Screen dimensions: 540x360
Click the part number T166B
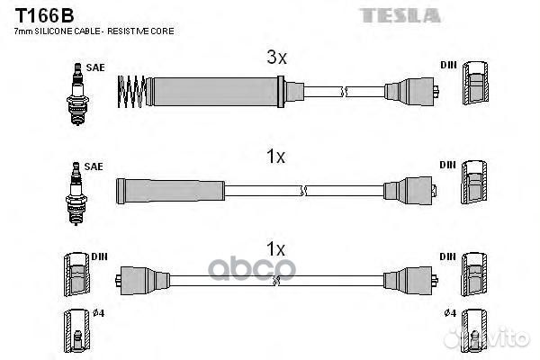point(44,15)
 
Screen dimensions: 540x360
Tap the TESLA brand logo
point(400,16)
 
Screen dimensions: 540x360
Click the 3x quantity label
point(276,58)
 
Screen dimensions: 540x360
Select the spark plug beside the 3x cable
point(77,94)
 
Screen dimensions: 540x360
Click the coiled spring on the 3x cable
point(131,92)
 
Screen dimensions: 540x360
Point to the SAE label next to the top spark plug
point(95,67)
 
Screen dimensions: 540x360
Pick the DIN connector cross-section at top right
point(475,83)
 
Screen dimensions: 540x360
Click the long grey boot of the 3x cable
point(215,92)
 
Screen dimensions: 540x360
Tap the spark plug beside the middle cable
point(76,193)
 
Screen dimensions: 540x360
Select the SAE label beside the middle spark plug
point(94,166)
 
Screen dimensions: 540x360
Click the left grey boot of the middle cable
point(170,191)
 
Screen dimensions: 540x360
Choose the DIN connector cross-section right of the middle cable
point(474,182)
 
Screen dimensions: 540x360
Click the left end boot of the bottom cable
point(142,281)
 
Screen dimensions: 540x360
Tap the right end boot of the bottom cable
point(410,281)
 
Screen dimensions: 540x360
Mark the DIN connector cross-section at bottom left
point(76,274)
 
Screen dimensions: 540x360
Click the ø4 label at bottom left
point(98,313)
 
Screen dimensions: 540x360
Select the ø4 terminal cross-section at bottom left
point(76,330)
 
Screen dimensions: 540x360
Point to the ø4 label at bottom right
point(450,313)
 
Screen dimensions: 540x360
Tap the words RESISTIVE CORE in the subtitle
point(140,31)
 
